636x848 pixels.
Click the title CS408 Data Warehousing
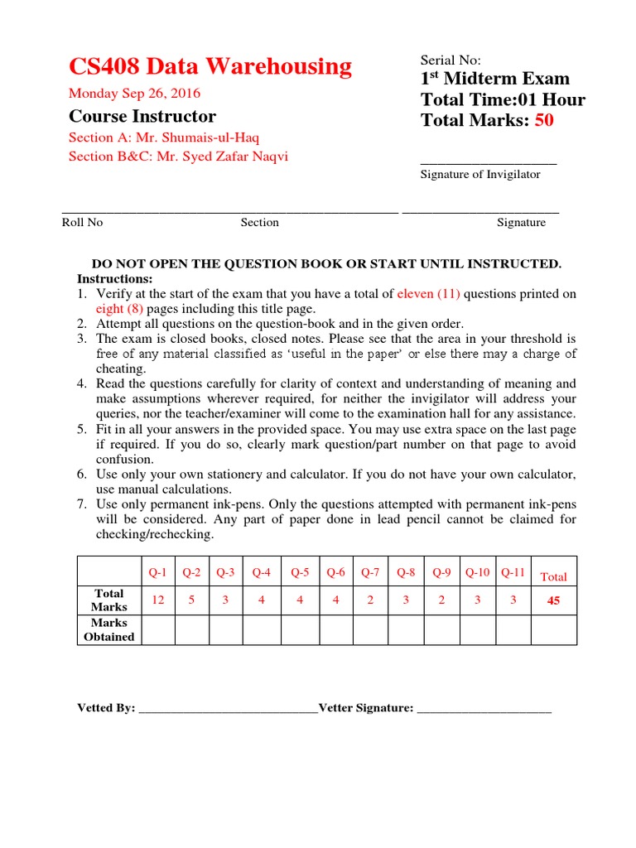[210, 66]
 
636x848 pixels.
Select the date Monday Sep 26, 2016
[134, 94]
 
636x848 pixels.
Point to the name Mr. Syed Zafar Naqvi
[219, 157]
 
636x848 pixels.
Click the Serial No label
[450, 60]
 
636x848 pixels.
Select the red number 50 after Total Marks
[543, 121]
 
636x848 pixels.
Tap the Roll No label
[82, 222]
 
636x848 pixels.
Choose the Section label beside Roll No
[259, 222]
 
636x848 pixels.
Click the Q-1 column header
[157, 572]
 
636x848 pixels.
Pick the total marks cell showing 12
[157, 600]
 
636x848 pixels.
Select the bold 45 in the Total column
[553, 601]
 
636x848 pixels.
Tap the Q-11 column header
[513, 572]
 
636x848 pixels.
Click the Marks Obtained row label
[108, 629]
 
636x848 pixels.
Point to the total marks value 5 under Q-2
[191, 600]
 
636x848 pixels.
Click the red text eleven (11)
[429, 294]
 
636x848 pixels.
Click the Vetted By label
[106, 708]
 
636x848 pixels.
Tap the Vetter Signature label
[365, 708]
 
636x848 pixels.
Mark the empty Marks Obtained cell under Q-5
[300, 629]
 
